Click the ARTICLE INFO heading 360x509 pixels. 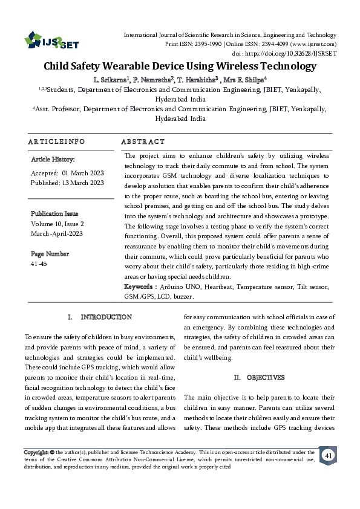tap(55, 141)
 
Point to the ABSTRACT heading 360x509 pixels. tap(143, 141)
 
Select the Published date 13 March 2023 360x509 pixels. tap(68, 183)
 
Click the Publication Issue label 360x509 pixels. tap(55, 213)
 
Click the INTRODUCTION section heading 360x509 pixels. tap(106, 317)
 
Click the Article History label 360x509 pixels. tap(53, 160)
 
